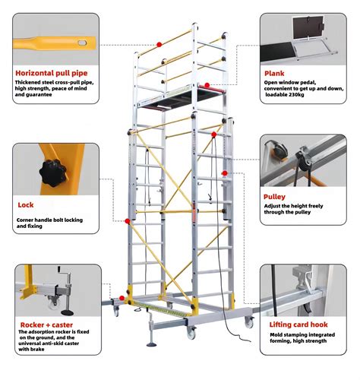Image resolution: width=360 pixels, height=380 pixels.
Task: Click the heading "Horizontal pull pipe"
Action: click(x=52, y=73)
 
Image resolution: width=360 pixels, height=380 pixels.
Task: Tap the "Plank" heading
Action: click(x=274, y=74)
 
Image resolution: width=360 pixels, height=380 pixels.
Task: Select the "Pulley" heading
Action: click(x=274, y=197)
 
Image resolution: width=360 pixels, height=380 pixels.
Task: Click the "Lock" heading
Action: click(x=26, y=205)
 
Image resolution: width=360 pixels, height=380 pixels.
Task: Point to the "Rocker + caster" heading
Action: click(x=46, y=325)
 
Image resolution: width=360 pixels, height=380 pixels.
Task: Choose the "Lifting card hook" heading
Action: click(x=298, y=325)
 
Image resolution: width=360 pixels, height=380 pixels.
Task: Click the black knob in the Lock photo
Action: click(x=53, y=173)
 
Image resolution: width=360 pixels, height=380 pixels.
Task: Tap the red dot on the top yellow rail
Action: click(x=159, y=45)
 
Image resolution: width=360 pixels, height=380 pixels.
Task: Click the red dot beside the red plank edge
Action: click(x=207, y=85)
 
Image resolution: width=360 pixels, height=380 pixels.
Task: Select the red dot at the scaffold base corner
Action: click(x=122, y=298)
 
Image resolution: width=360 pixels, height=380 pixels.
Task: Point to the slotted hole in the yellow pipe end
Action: click(x=82, y=43)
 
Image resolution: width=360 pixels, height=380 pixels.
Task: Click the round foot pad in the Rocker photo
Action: click(x=68, y=312)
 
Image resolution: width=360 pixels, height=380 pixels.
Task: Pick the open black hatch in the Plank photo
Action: click(x=308, y=27)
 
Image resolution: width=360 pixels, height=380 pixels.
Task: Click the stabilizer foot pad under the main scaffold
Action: click(x=152, y=344)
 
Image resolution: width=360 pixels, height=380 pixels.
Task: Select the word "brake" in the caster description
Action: click(x=37, y=350)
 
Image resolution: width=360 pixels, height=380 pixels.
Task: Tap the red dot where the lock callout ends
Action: click(x=128, y=221)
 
